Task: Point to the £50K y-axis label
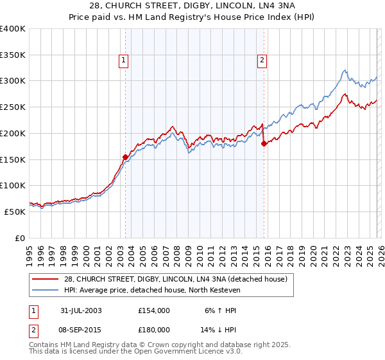pos(15,212)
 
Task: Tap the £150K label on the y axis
pos(13,159)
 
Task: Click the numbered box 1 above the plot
pos(123,61)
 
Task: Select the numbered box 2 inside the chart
pos(262,61)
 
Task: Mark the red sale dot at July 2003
pos(126,156)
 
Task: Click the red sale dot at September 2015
pos(264,144)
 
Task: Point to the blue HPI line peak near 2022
pos(345,70)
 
